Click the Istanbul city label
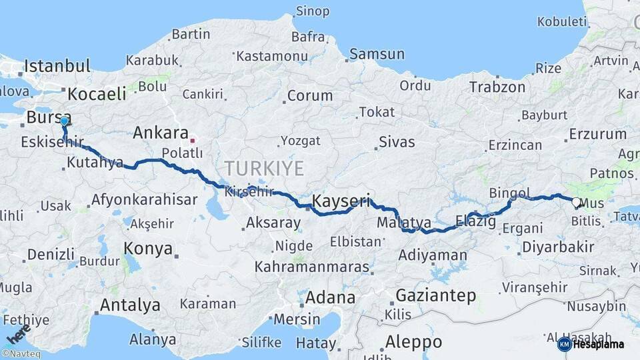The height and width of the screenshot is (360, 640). pos(57,66)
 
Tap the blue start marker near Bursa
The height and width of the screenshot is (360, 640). pos(64,121)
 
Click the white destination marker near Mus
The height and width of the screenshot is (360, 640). pos(576,201)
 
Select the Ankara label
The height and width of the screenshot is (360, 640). pos(161,132)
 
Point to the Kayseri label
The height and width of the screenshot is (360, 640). pos(341,201)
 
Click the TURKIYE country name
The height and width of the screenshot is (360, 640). pos(264,167)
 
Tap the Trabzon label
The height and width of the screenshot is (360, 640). pos(497,87)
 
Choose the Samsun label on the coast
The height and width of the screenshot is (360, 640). pos(377,54)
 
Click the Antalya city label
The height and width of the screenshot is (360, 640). pos(130,305)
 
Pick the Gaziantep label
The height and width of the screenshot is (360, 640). pos(436,295)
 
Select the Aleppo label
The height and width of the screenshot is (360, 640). pos(413,342)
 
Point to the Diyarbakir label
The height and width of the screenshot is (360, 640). pos(558,247)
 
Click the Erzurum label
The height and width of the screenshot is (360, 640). pos(598,134)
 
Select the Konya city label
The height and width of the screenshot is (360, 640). pos(148,249)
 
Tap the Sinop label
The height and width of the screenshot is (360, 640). pos(313,11)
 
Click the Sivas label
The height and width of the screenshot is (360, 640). pos(397,142)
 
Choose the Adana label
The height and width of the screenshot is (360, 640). pos(331,298)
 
